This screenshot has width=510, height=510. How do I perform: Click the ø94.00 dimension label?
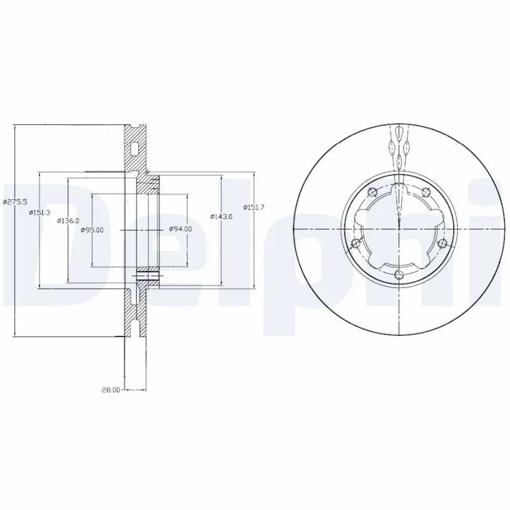pos(180,229)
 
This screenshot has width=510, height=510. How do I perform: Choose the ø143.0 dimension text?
pos(222,217)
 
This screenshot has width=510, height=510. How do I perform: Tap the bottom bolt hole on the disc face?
pos(399,275)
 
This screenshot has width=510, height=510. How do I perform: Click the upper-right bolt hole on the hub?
pos(426,190)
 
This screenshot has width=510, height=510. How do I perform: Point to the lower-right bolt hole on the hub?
pos(442,242)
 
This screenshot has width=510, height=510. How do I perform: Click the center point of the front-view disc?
pos(399,228)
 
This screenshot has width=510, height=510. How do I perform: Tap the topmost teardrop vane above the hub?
pos(399,133)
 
